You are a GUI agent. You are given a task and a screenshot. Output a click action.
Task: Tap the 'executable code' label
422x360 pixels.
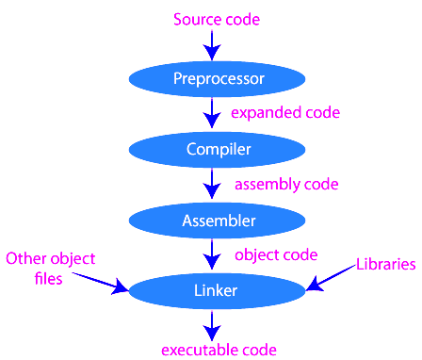[x=218, y=350]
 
